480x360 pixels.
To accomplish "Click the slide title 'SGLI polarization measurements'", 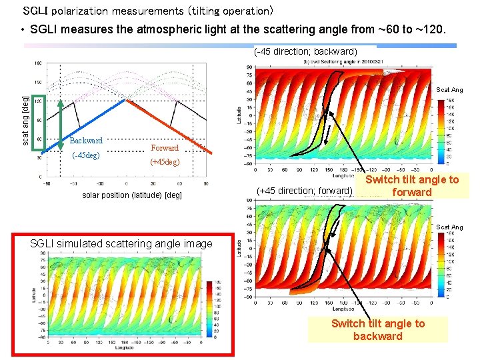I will point(147,11).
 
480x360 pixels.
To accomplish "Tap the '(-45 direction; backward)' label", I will point(306,51).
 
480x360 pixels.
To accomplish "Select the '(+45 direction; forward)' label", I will point(304,191).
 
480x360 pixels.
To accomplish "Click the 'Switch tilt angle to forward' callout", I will point(411,186).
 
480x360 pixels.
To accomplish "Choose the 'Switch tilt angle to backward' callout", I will point(377,329).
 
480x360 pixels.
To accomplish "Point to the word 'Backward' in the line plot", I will point(86,141).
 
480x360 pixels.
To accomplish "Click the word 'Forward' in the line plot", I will point(165,148).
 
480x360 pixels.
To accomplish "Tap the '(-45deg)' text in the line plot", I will point(85,155).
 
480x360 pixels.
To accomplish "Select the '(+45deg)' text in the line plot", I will point(165,162).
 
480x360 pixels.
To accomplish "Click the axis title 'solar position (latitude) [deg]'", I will point(132,195).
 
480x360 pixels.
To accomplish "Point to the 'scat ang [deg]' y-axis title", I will point(25,120).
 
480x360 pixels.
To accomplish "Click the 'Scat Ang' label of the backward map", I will point(449,90).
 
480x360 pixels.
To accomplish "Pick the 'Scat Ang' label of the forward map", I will point(449,227).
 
